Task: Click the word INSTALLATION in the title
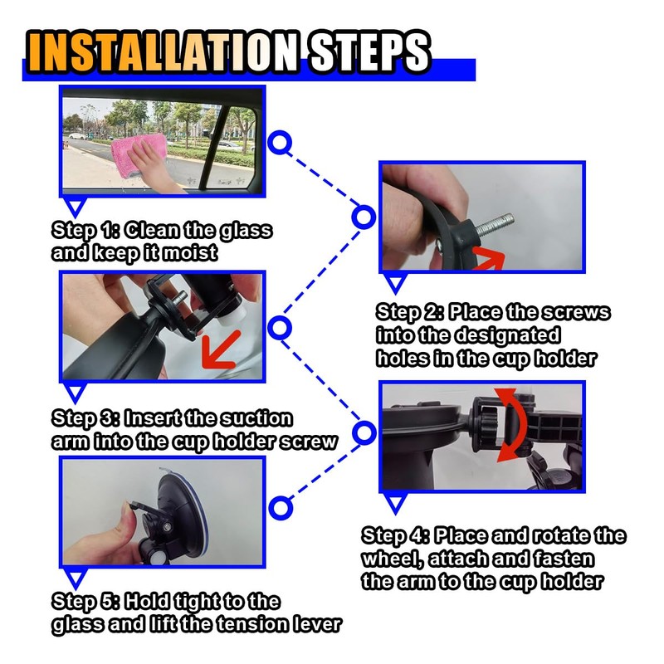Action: click(x=162, y=51)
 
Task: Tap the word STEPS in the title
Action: click(x=368, y=51)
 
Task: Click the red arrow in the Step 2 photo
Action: click(x=487, y=258)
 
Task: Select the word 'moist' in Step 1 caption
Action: click(x=190, y=253)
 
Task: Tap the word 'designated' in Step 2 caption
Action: click(x=508, y=335)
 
